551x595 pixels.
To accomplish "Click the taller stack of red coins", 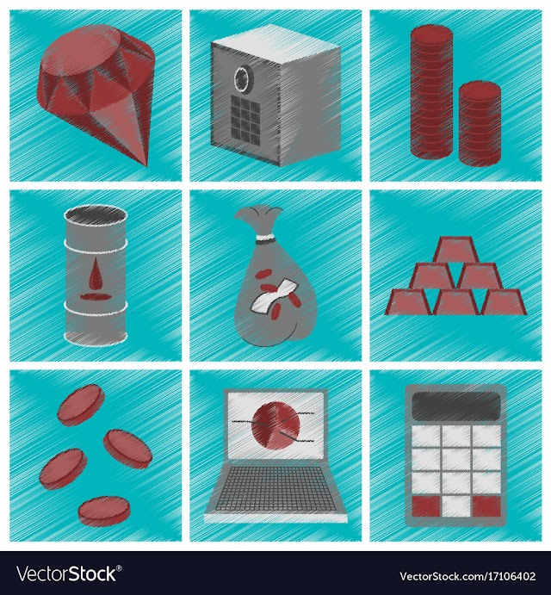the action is pos(431,92).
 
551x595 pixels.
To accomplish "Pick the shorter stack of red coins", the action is pos(480,124).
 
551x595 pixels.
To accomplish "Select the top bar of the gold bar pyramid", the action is pos(455,249).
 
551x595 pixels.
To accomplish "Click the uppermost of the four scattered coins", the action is pos(81,405).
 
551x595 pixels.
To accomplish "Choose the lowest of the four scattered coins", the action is pos(104,511).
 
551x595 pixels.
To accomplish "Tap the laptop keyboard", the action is pos(275,489).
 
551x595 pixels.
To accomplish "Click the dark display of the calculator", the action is pos(456,406).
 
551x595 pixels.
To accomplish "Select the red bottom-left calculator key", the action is pos(426,506).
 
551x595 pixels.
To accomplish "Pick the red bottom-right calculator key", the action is pos(486,506).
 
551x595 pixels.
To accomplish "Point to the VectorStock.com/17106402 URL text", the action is pos(467,576).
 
